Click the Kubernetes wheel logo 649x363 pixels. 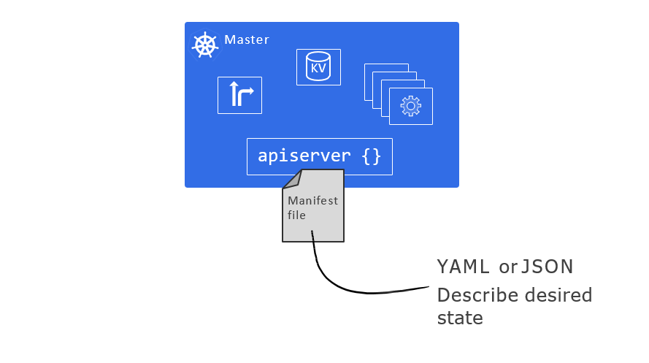coord(205,45)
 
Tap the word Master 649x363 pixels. coord(247,39)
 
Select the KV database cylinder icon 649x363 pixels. coord(318,66)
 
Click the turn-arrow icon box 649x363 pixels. coord(239,95)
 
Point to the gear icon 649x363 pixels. coord(410,107)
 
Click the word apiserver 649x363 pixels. coord(304,156)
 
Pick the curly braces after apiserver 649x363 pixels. coord(372,156)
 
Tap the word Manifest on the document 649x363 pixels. coord(313,201)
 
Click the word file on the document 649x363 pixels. coord(296,215)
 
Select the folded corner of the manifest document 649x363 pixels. coord(291,180)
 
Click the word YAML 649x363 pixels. coord(464,267)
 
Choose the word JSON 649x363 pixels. coord(547,267)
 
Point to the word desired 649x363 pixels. coord(558,295)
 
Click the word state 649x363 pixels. coord(460,318)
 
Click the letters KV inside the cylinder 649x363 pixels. coord(318,68)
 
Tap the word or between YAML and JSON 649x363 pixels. coord(508,267)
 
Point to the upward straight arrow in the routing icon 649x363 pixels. coord(234,93)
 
